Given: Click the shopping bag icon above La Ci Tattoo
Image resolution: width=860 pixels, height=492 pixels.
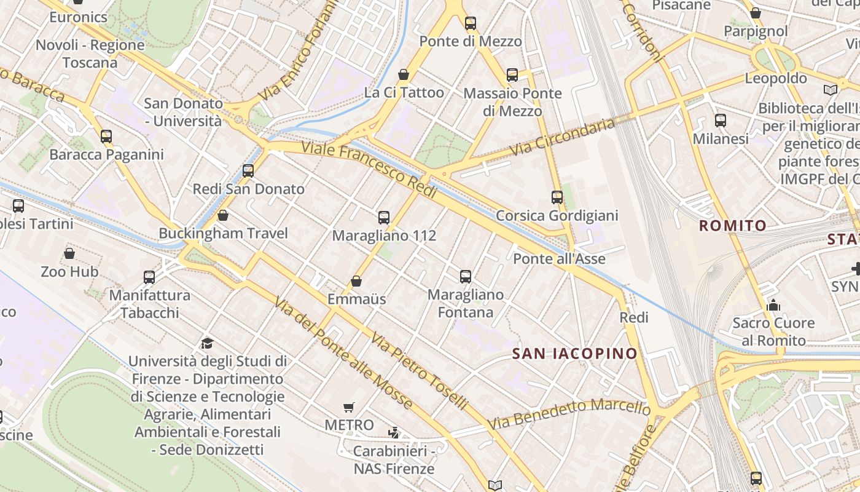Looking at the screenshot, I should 404,74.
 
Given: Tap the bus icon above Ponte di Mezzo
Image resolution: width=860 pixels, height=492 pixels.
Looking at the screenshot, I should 471,23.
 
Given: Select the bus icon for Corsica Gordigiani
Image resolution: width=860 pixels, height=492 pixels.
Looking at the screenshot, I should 557,197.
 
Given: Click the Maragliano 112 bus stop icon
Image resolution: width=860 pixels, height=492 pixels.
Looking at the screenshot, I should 384,217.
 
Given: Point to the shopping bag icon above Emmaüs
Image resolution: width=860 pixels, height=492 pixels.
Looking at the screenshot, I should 356,281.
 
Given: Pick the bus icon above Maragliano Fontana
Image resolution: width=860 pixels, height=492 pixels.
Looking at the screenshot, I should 466,276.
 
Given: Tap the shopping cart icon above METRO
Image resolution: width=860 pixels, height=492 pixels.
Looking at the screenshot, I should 349,407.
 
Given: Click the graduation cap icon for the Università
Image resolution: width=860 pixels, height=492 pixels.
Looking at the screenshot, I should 207,343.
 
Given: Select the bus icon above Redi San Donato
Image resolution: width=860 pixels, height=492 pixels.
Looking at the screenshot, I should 248,171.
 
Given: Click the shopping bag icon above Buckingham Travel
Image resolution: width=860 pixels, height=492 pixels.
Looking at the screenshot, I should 223,215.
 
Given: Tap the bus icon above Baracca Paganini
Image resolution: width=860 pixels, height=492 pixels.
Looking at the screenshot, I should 106,136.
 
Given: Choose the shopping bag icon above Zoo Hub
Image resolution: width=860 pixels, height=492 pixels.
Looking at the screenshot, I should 69,253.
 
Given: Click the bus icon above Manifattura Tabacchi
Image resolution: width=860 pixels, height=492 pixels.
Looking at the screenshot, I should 149,277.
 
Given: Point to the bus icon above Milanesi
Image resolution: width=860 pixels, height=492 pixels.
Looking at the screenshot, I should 721,121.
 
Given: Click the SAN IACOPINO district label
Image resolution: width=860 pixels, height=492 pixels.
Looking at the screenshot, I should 575,354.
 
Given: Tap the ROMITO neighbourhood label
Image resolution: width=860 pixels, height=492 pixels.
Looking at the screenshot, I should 733,226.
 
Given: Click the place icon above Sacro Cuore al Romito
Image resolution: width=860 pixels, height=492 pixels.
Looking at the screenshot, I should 773,305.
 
